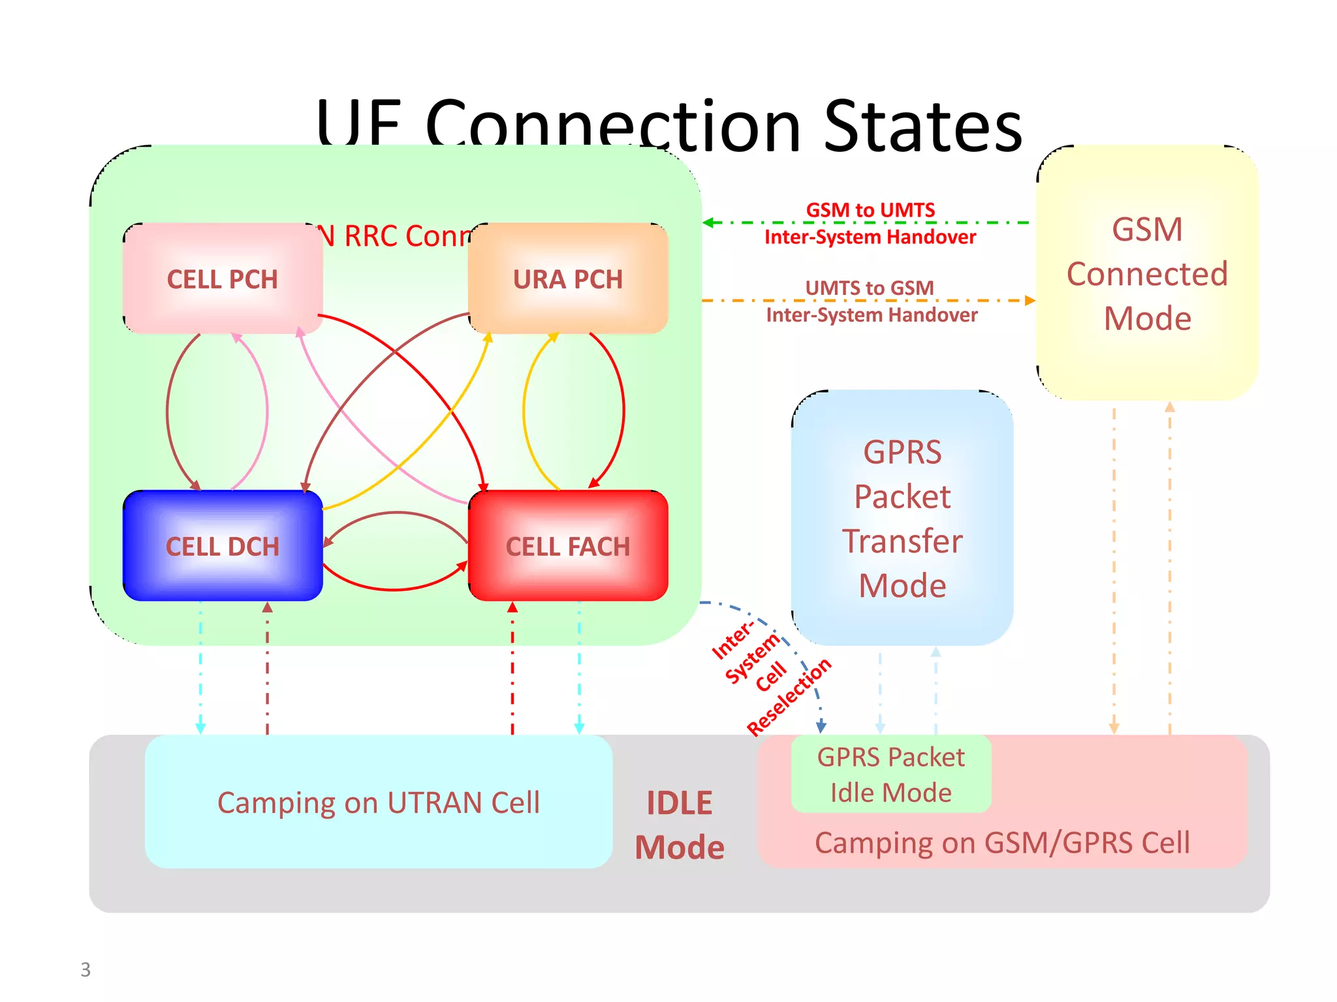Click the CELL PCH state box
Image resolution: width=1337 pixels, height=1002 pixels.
tap(223, 279)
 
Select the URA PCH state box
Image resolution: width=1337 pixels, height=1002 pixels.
tap(568, 279)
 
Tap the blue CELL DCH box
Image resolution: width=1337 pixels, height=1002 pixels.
tap(223, 546)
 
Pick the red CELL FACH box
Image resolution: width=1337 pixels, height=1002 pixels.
tap(568, 546)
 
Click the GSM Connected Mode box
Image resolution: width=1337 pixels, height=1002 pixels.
tap(1147, 273)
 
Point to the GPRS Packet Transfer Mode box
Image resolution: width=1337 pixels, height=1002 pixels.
tap(902, 519)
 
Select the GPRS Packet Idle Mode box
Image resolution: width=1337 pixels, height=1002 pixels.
tap(890, 774)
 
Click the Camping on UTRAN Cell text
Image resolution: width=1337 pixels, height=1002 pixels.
tap(379, 802)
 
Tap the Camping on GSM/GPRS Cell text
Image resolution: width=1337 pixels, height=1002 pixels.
tap(1002, 843)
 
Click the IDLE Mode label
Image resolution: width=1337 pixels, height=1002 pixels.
tap(680, 825)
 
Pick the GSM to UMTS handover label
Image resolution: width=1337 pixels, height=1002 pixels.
tap(870, 223)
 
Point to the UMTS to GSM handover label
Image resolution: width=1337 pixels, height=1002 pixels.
tap(871, 301)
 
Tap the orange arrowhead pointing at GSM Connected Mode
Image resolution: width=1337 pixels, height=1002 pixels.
tap(1030, 301)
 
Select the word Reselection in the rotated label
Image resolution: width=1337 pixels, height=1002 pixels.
tap(789, 697)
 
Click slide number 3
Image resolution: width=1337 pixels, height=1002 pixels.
tap(86, 969)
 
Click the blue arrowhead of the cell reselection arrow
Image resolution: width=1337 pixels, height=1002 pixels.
tap(822, 727)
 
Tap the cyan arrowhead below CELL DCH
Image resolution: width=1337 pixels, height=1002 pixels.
tap(200, 728)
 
